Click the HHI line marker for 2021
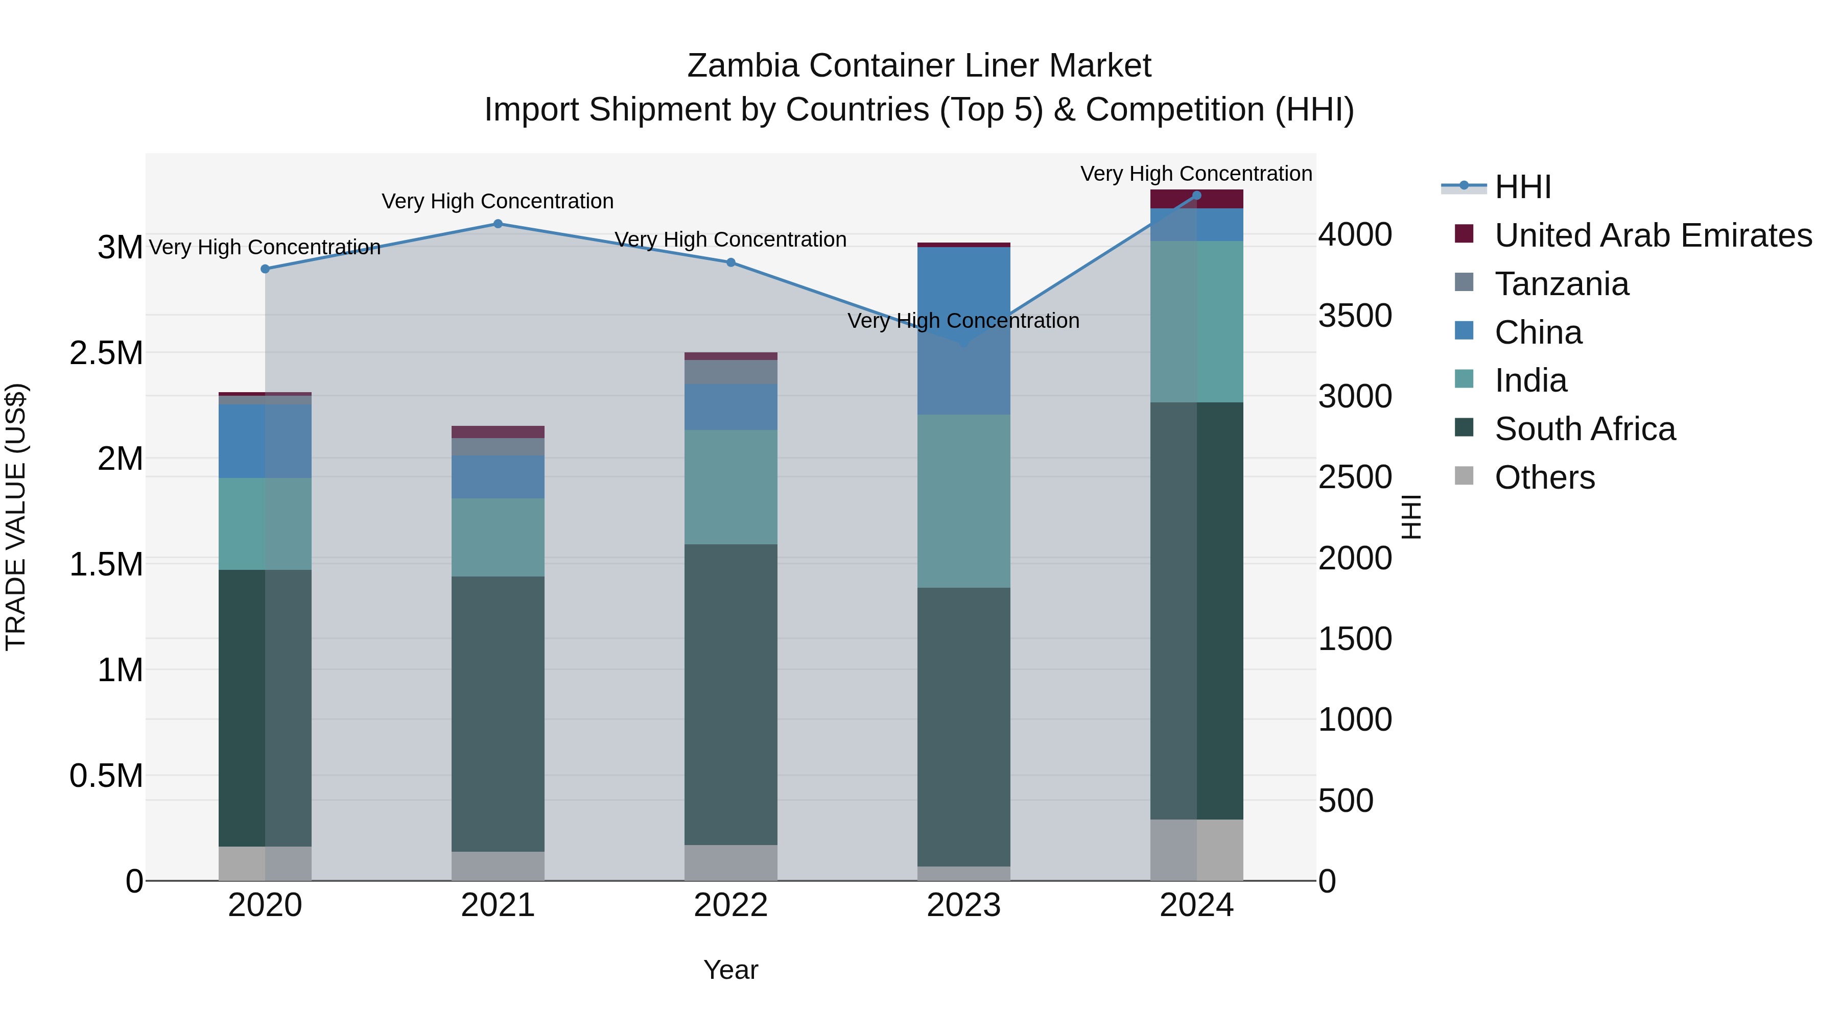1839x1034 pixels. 498,224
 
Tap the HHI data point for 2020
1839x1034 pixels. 265,269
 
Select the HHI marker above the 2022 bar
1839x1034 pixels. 730,262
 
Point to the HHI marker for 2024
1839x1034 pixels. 1196,196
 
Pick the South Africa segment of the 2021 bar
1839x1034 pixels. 498,714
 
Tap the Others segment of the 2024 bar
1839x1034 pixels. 1196,849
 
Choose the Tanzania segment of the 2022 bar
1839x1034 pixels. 730,372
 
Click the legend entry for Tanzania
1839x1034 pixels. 1561,284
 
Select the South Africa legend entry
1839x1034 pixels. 1584,429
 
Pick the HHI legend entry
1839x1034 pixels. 1522,187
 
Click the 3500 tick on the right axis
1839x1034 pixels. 1354,316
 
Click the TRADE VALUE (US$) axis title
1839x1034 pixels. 16,517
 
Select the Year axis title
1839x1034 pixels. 730,970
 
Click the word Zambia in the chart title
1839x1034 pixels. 742,66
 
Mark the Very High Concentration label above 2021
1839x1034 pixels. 498,201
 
